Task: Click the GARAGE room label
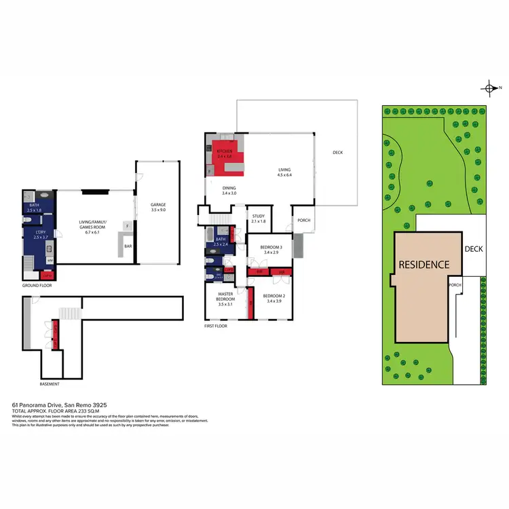157,204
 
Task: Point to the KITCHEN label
225,151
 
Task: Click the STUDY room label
258,216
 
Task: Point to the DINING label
229,188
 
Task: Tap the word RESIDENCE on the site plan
423,265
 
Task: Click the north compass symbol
489,88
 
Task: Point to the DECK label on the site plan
473,249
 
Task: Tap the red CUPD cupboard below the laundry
48,276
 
